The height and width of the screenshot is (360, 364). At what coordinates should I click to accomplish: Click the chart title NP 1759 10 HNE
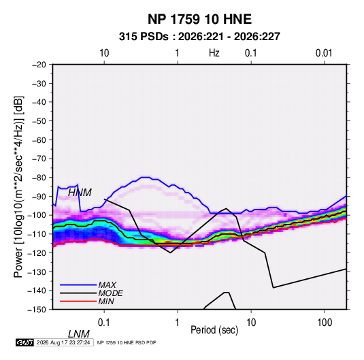(x=199, y=19)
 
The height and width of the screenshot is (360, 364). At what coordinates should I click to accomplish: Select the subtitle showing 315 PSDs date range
(x=199, y=37)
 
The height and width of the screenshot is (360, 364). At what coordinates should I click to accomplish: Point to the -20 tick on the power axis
(x=39, y=65)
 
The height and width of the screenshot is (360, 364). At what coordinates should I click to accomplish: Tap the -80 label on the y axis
(x=39, y=178)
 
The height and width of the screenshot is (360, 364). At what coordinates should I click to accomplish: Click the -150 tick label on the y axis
(x=37, y=310)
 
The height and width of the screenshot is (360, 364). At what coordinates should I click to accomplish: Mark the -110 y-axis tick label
(x=37, y=234)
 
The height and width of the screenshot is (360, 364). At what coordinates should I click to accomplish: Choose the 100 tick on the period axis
(x=325, y=323)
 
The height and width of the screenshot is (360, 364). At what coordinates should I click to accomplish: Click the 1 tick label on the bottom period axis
(x=178, y=323)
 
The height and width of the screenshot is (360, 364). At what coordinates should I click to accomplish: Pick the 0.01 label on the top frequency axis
(x=324, y=53)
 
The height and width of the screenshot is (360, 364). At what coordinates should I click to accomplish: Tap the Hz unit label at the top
(x=214, y=53)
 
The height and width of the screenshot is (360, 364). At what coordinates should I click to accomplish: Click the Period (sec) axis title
(x=214, y=330)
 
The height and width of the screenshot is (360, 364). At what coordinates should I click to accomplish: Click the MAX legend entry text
(x=107, y=285)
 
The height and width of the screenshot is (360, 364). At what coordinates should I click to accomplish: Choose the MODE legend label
(x=110, y=293)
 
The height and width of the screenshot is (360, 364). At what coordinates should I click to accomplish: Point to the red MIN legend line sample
(x=78, y=301)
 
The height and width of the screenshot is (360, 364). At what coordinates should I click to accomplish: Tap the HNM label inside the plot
(x=80, y=193)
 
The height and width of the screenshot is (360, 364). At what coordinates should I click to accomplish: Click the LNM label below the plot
(x=79, y=334)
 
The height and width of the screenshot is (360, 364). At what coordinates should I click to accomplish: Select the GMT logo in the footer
(x=24, y=342)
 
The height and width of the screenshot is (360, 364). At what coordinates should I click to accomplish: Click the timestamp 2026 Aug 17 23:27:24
(x=63, y=342)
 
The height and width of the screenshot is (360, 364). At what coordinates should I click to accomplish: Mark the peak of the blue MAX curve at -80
(x=146, y=178)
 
